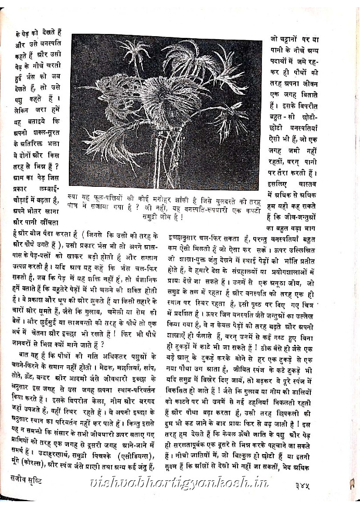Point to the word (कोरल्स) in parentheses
tap(32, 467)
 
